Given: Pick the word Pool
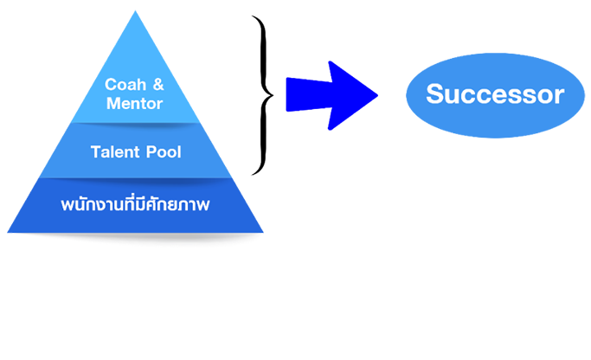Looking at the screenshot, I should tap(160, 152).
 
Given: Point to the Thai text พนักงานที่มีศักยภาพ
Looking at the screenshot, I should tap(136, 205).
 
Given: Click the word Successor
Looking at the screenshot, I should tap(494, 94).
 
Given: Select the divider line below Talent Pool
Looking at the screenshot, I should tap(136, 178).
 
